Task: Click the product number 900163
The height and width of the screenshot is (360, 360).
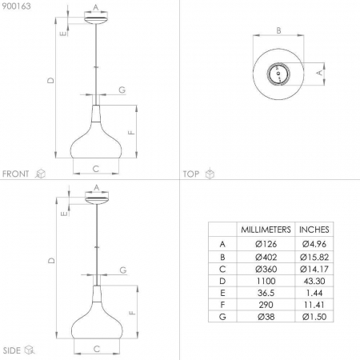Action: pyautogui.click(x=16, y=6)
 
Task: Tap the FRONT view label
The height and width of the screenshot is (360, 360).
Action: pyautogui.click(x=15, y=174)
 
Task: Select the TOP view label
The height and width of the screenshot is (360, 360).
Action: pyautogui.click(x=191, y=174)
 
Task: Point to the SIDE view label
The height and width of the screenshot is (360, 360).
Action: pyautogui.click(x=11, y=350)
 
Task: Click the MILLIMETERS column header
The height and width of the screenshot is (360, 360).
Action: pyautogui.click(x=266, y=230)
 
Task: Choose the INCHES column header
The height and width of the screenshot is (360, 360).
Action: pyautogui.click(x=314, y=230)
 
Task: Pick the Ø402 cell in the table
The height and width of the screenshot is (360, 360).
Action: pyautogui.click(x=266, y=257)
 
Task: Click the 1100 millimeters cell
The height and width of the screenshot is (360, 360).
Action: pyautogui.click(x=266, y=281)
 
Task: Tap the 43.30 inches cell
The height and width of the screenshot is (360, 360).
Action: pyautogui.click(x=314, y=281)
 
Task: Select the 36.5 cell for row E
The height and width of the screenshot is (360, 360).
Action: pyautogui.click(x=266, y=293)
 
